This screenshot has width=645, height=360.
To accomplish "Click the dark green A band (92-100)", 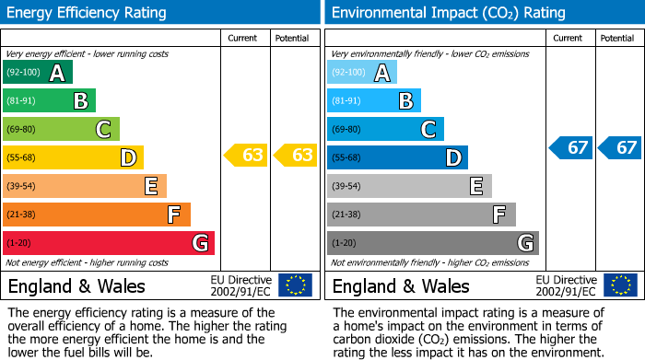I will [37, 73].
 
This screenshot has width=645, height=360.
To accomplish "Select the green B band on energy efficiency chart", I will [49, 101].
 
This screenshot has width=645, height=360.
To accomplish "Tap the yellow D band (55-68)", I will [73, 157].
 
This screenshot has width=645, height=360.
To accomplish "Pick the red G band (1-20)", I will [108, 243].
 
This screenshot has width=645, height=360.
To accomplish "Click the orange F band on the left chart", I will [96, 215].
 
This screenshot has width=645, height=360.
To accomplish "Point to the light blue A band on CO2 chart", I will [361, 73].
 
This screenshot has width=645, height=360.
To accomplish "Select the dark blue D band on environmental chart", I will [397, 157].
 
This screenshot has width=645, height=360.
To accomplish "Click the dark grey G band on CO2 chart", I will [432, 243].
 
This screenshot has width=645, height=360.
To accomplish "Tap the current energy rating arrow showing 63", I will [246, 156].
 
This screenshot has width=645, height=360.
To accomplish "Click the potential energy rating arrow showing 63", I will [296, 156].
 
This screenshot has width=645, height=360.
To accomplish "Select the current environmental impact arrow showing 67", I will [571, 147].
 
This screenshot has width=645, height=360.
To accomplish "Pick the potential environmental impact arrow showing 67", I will [620, 147].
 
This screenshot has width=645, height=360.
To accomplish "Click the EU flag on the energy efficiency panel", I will [295, 285].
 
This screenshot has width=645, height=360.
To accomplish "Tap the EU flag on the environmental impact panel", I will [620, 285].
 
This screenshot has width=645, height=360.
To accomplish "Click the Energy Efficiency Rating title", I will [88, 13].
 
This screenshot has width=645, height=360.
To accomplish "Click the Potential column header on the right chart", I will [617, 38].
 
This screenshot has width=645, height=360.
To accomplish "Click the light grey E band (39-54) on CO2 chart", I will [409, 186].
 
